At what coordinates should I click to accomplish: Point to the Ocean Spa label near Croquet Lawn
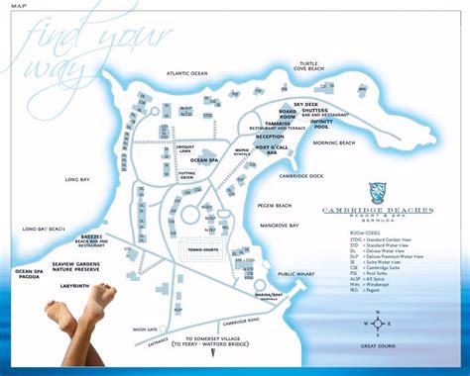tap(204, 159)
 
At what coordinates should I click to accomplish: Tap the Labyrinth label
tap(73, 285)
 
